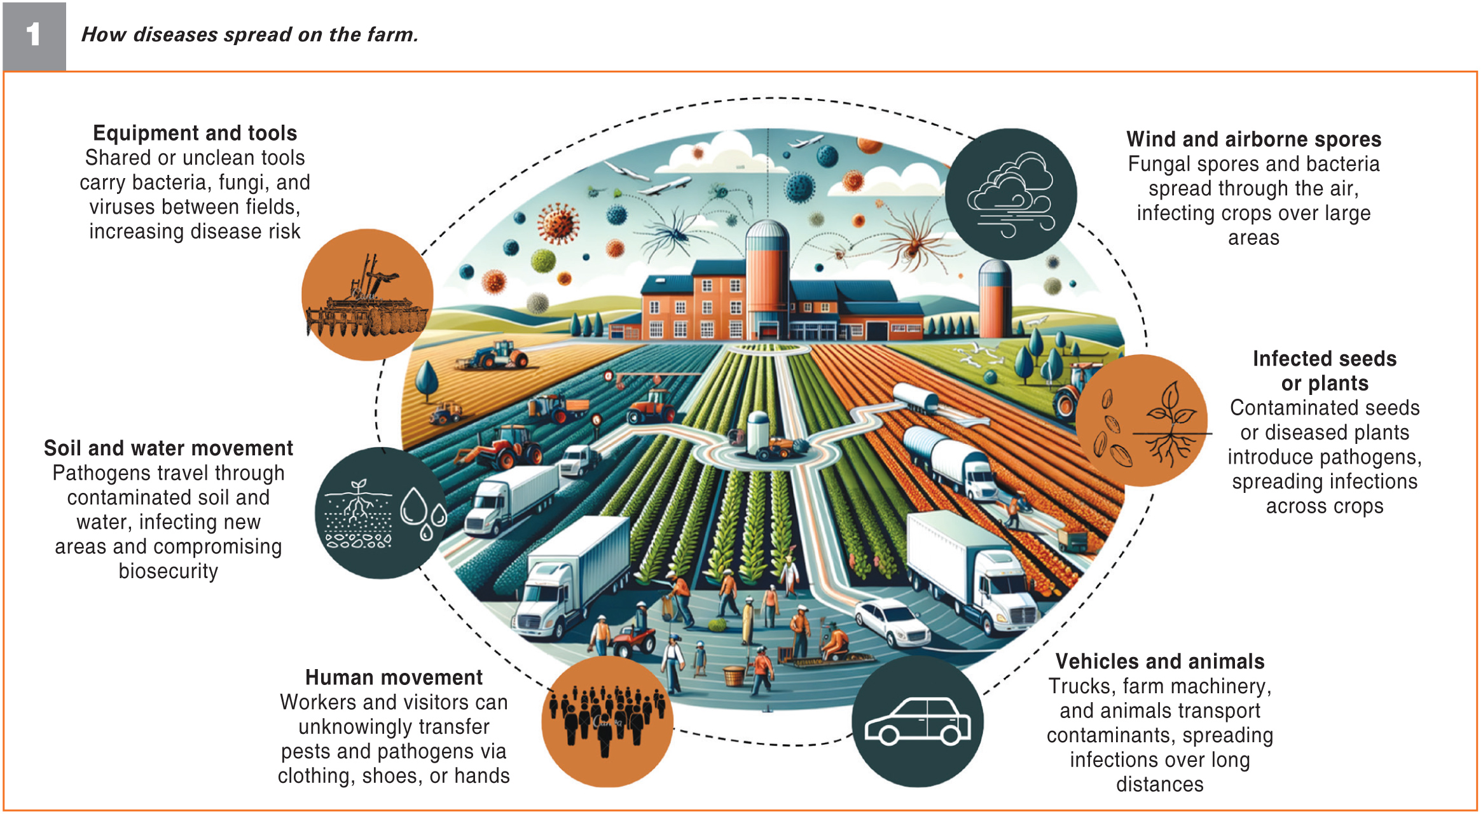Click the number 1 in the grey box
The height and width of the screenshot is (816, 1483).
point(33,34)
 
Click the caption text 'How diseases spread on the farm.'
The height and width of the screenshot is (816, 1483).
point(249,34)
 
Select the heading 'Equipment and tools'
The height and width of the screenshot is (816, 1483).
point(195,133)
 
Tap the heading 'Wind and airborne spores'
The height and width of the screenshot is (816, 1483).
point(1253,139)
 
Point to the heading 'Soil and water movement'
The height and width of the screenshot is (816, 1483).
point(168,448)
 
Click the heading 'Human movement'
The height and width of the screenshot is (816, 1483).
point(394,677)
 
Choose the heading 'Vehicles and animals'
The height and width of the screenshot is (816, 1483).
point(1159,661)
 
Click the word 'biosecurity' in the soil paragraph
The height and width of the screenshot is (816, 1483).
point(168,571)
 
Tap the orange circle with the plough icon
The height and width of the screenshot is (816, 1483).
point(367,295)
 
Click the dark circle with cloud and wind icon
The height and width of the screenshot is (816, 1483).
point(1011,194)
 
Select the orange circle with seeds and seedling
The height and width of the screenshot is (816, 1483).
point(1142,420)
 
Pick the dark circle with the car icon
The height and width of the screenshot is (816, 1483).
point(917,722)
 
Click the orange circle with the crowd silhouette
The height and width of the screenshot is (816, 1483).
point(607,722)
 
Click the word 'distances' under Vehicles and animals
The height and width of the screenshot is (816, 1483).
point(1159,785)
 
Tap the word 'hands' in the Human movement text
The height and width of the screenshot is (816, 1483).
point(483,776)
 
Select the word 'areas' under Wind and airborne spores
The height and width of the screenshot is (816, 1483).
point(1253,238)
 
